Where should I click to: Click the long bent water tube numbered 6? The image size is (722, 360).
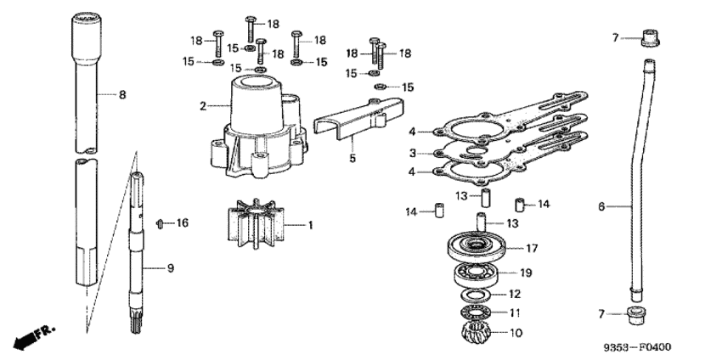[x=640, y=178]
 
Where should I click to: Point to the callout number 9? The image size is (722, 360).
[x=171, y=268]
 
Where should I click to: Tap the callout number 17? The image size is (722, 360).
[x=533, y=249]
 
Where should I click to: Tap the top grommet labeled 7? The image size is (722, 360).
[x=650, y=37]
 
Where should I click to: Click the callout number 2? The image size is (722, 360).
[x=203, y=106]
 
